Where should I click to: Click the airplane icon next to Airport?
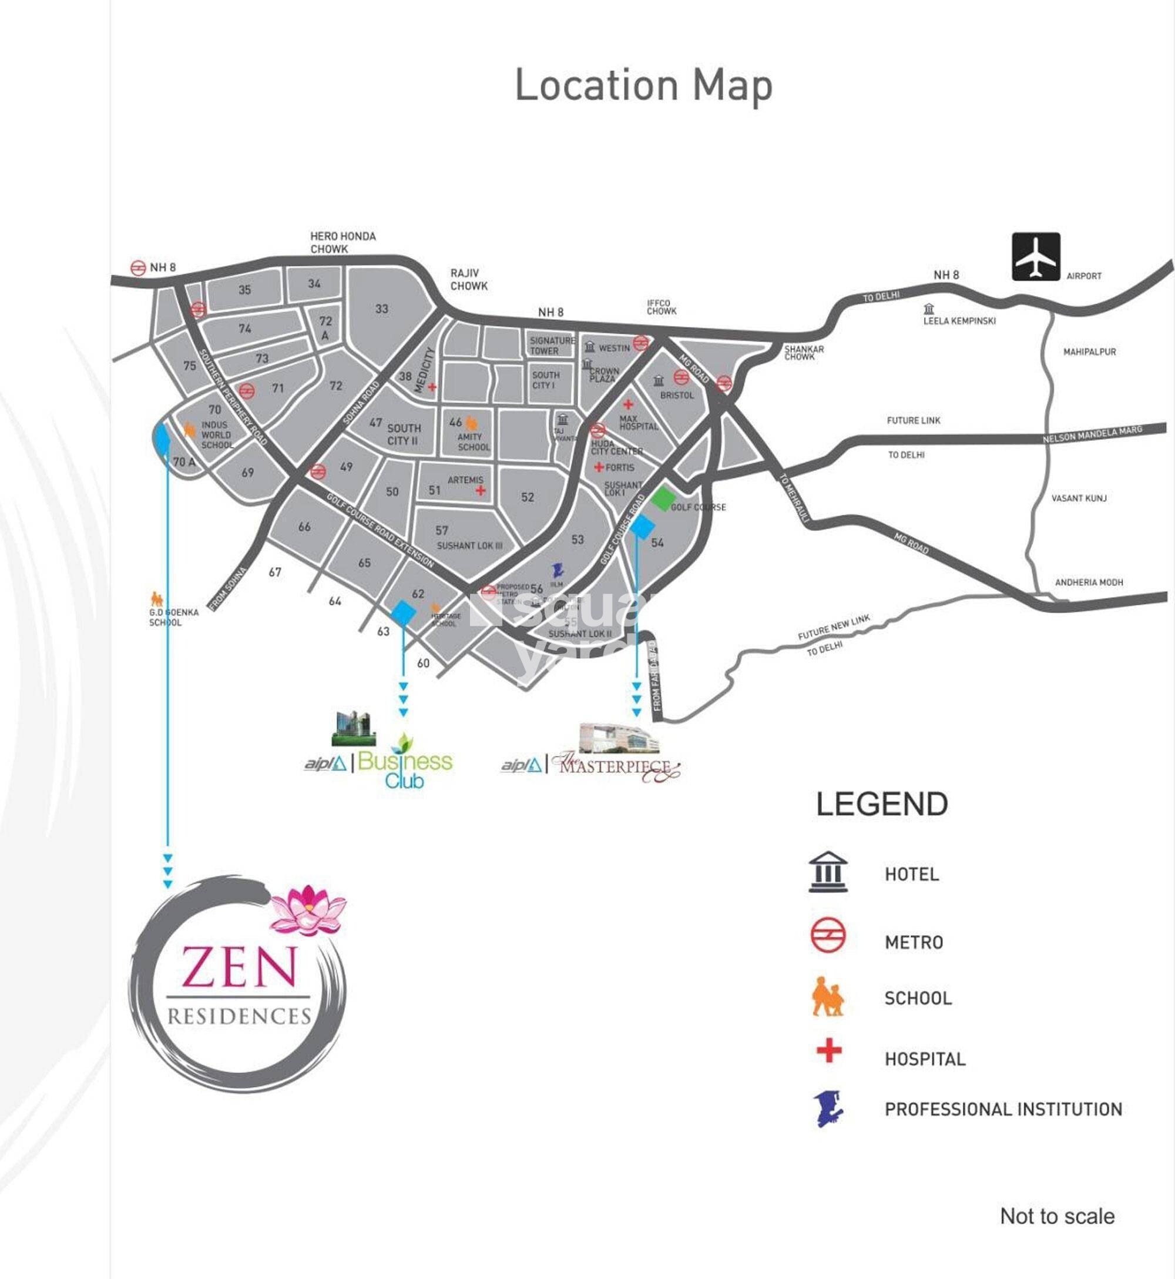[x=1036, y=256]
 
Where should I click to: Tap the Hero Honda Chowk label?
[x=342, y=242]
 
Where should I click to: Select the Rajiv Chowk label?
[x=469, y=279]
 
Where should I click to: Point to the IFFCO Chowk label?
[x=662, y=307]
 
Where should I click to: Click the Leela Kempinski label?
[x=959, y=320]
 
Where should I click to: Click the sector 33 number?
[x=381, y=309]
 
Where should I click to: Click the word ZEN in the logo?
[x=239, y=967]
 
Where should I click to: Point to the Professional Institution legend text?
[x=1003, y=1109]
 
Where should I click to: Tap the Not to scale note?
[x=1057, y=1216]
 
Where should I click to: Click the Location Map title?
[x=643, y=86]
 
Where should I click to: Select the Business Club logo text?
[x=405, y=769]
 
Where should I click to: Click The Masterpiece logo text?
[x=616, y=766]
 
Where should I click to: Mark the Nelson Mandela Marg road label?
[x=1092, y=434]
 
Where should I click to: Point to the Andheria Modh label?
[x=1089, y=582]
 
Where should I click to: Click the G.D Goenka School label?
[x=173, y=617]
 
